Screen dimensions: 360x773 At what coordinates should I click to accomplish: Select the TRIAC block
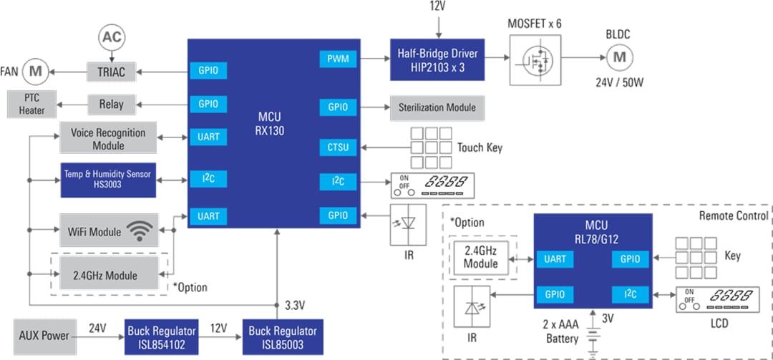[x=105, y=72]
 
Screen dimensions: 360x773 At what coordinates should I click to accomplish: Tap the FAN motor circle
[x=33, y=72]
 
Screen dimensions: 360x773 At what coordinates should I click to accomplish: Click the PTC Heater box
[x=31, y=104]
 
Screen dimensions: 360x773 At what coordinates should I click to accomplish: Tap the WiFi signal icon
[x=140, y=230]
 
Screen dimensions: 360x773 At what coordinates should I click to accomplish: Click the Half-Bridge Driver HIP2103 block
[x=437, y=59]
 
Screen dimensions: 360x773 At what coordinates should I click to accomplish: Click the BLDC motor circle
[x=620, y=57]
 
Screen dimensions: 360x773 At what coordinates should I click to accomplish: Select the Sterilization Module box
[x=437, y=107]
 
